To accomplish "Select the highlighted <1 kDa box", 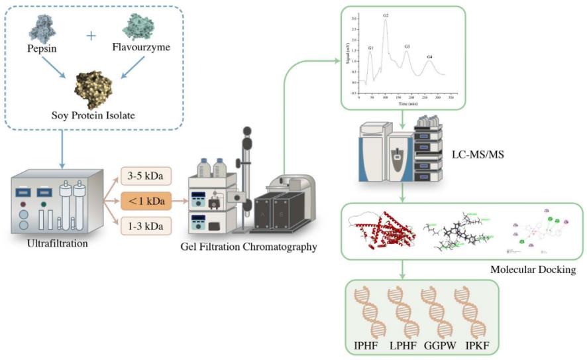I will point(146,200).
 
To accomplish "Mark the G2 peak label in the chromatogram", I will point(386,15).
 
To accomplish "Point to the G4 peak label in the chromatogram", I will point(430,57).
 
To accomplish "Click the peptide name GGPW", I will point(436,345).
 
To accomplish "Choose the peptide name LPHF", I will point(401,345).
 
